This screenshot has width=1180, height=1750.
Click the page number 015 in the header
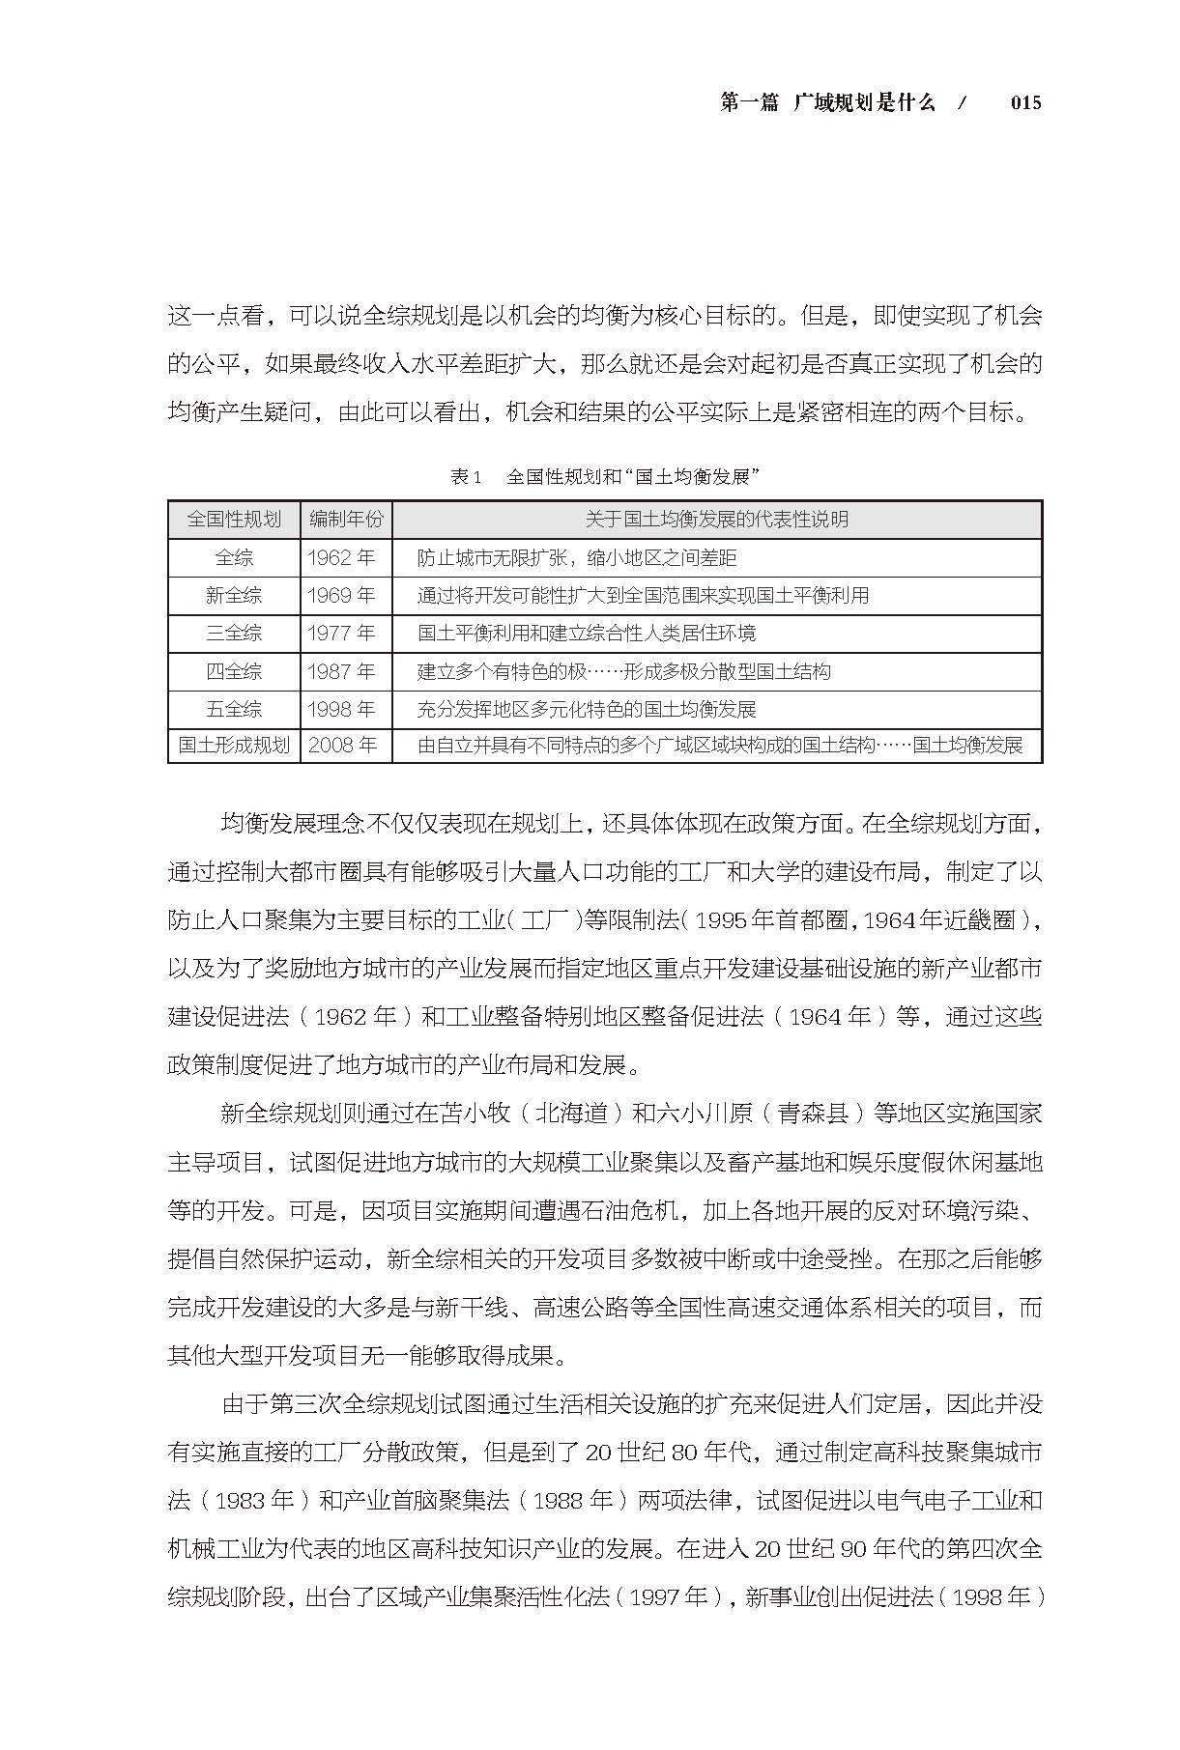coord(1025,103)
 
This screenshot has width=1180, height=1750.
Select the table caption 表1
coord(465,477)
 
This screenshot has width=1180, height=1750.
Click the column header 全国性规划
coord(234,520)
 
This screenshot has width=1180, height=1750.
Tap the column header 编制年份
coord(346,520)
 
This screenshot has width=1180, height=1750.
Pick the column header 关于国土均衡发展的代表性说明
coord(716,520)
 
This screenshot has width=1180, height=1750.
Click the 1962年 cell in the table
coord(341,558)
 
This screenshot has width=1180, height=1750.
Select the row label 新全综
coord(234,596)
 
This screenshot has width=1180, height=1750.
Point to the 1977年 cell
coord(341,634)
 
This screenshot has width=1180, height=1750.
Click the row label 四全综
coord(234,671)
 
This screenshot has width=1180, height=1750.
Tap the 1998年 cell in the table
coord(341,709)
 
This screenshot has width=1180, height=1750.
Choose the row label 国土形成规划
coord(234,746)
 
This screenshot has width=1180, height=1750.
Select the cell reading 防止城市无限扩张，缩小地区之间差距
coord(577,558)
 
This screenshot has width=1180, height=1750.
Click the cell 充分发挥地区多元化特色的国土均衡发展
coord(587,709)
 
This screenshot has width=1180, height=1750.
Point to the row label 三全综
coord(234,634)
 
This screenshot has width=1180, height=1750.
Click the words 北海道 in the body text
coord(572,1114)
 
